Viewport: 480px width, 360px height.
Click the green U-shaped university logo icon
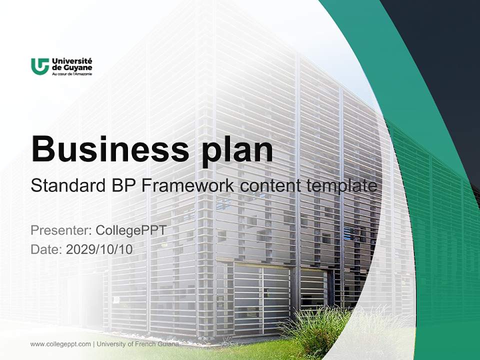pyautogui.click(x=39, y=66)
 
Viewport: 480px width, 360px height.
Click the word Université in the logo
pyautogui.click(x=71, y=61)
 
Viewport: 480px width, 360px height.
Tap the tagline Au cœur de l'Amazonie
pyautogui.click(x=71, y=73)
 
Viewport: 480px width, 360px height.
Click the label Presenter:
pyautogui.click(x=60, y=230)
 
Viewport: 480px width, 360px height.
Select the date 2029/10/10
pyautogui.click(x=99, y=249)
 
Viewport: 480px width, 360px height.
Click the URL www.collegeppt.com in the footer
pyautogui.click(x=60, y=344)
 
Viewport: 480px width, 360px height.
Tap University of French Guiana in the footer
pyautogui.click(x=137, y=344)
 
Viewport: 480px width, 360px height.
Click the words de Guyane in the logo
pyautogui.click(x=71, y=67)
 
